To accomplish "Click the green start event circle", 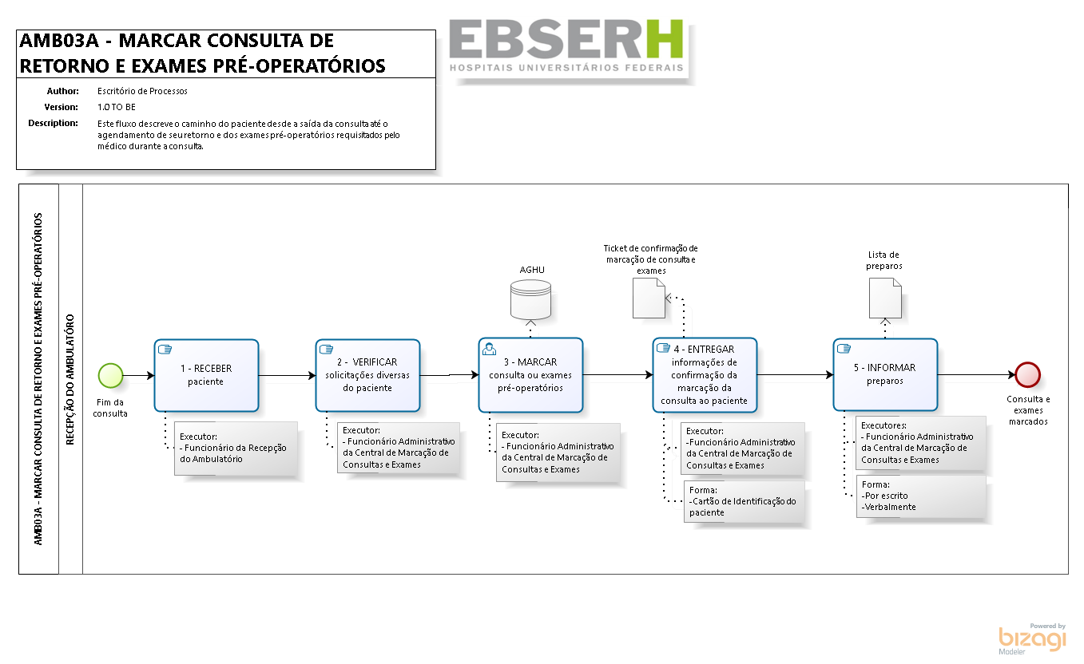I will [x=110, y=375].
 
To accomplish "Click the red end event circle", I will [x=1027, y=374].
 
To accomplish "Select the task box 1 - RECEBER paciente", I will [x=206, y=375].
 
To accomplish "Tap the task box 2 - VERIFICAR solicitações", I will [x=367, y=375].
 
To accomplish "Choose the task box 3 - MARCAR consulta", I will [x=530, y=375].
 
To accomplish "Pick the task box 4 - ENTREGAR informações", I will [x=704, y=375].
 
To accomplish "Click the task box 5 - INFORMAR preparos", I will [x=885, y=375].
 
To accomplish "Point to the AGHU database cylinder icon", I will [x=531, y=298].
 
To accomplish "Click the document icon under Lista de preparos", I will [x=885, y=299].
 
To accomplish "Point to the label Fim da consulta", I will [x=110, y=408].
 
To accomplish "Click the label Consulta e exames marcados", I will [x=1028, y=410].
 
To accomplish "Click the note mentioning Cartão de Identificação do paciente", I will [x=744, y=502].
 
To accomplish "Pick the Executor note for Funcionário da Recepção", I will [x=236, y=449].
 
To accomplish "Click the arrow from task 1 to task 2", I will [x=287, y=375].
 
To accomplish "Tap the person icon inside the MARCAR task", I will [x=490, y=348].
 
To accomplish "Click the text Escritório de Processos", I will [x=142, y=91].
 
